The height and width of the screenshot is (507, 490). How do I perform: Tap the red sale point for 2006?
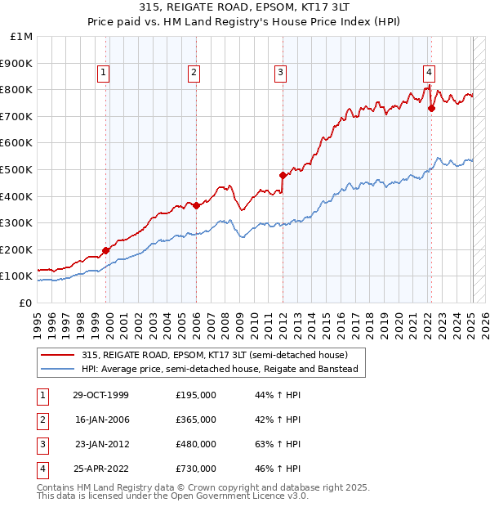point(197,205)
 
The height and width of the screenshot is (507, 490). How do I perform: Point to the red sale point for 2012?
point(283,175)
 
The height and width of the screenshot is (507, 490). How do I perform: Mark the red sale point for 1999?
point(106,250)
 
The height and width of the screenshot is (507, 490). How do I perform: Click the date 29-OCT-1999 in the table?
point(100,395)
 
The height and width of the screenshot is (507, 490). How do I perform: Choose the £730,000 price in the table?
point(196,469)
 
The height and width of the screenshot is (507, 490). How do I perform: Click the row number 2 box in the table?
point(42,420)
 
